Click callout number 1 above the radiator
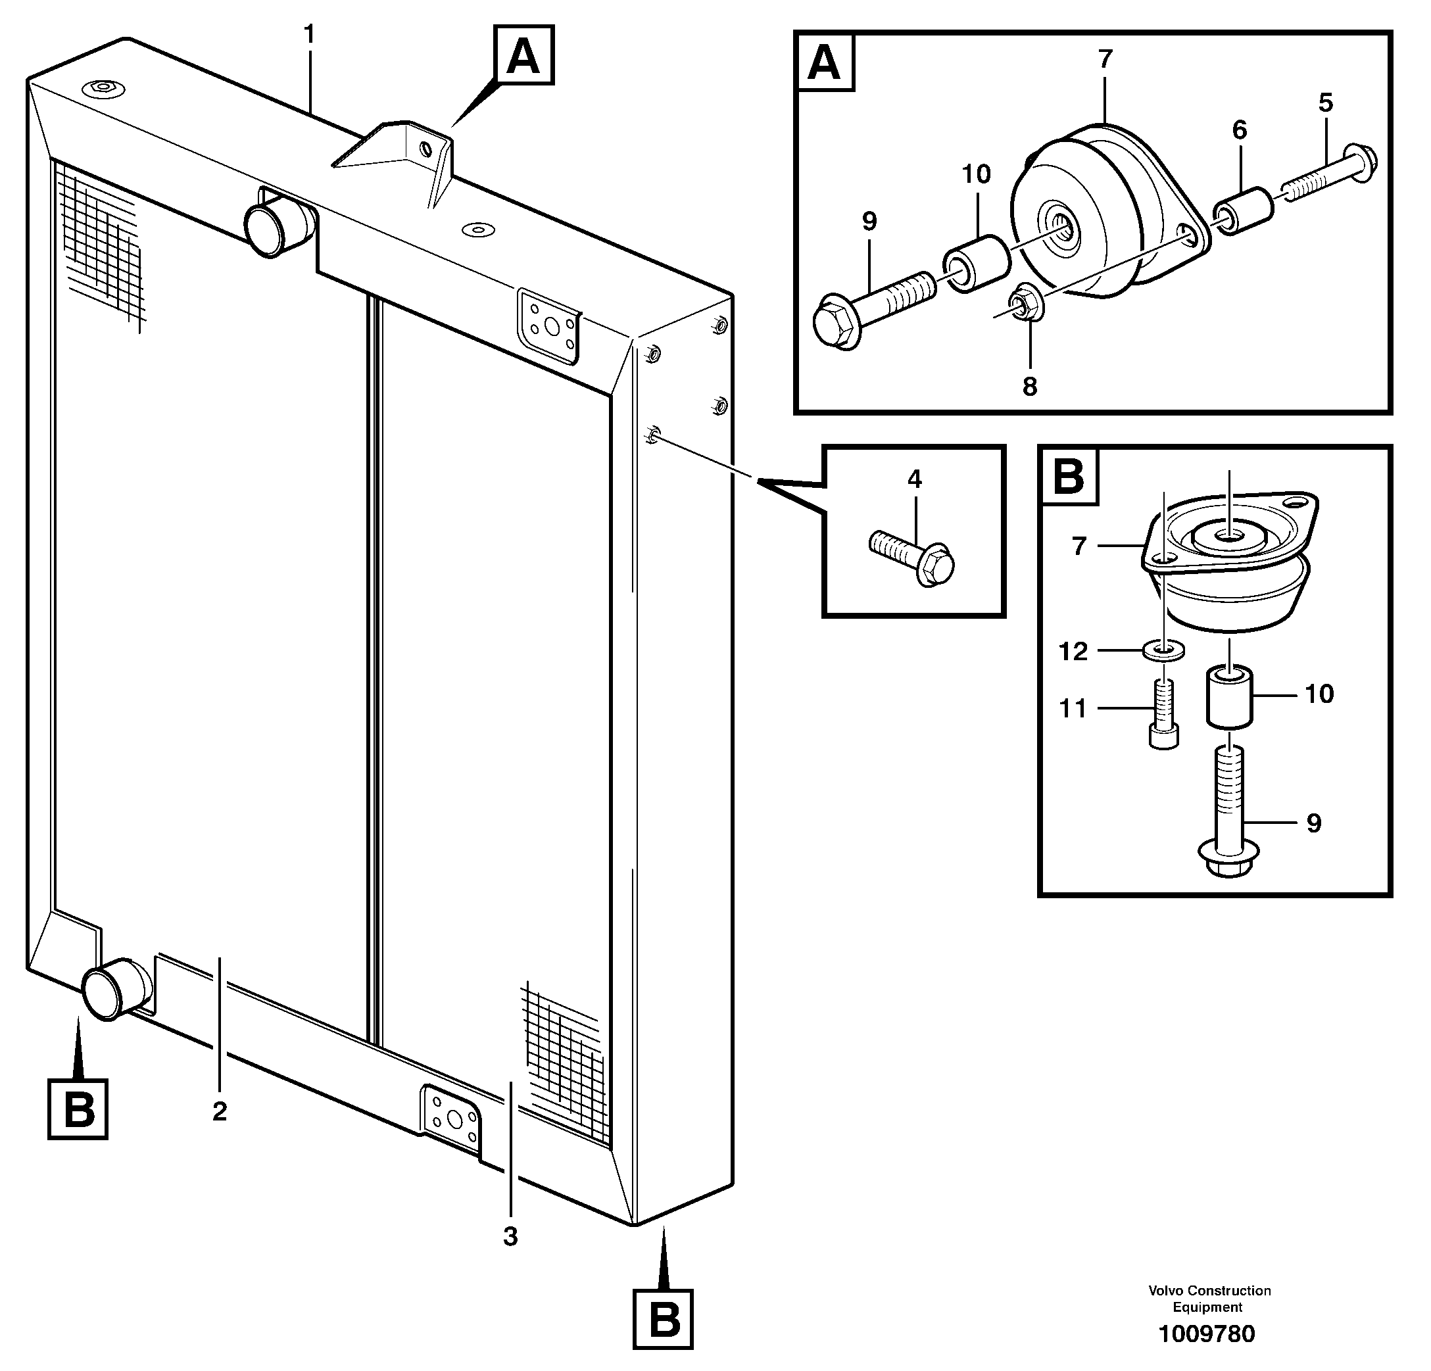tap(309, 35)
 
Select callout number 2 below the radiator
tap(219, 1111)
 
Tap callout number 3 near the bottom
tap(510, 1236)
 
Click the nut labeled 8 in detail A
tap(1025, 305)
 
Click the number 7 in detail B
tap(1079, 545)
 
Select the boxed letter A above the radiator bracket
tap(523, 55)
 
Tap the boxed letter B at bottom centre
tap(663, 1320)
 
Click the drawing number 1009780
tap(1206, 1334)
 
